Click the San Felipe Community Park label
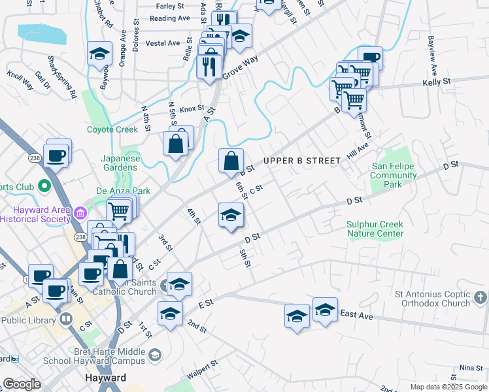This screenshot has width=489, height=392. (x=394, y=176)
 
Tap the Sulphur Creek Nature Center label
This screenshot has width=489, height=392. (x=375, y=229)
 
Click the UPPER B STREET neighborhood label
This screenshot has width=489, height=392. (x=302, y=161)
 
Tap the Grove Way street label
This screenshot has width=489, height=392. (x=240, y=68)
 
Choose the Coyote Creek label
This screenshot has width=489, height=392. (x=112, y=129)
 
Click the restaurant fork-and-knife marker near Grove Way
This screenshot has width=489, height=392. (x=209, y=66)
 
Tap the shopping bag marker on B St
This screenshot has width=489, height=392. (x=231, y=161)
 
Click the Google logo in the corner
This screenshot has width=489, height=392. (x=22, y=384)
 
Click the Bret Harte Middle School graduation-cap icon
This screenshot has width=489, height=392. (x=154, y=355)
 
